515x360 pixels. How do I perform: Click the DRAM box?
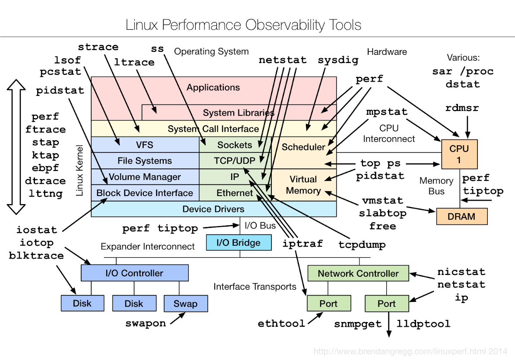pyautogui.click(x=461, y=217)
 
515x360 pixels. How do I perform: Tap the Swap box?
pyautogui.click(x=185, y=303)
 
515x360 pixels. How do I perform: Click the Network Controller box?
pyautogui.click(x=358, y=273)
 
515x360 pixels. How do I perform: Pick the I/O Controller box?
pyautogui.click(x=135, y=273)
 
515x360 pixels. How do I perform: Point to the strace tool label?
pyautogui.click(x=98, y=47)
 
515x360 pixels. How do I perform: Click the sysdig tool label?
pyautogui.click(x=338, y=60)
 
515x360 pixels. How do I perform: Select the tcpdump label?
pyautogui.click(x=362, y=244)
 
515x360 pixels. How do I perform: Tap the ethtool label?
pyautogui.click(x=281, y=323)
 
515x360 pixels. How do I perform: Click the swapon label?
pyautogui.click(x=146, y=323)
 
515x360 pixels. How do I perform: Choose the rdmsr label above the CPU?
pyautogui.click(x=462, y=108)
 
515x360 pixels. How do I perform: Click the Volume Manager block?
pyautogui.click(x=145, y=177)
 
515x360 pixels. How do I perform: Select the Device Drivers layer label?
pyautogui.click(x=213, y=209)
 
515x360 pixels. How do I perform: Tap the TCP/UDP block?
pyautogui.click(x=235, y=161)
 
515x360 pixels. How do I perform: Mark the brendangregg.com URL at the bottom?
pyautogui.click(x=410, y=351)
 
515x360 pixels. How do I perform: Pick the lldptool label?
pyautogui.click(x=423, y=323)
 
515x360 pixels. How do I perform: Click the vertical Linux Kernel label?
pyautogui.click(x=79, y=171)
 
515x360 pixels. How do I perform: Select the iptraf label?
pyautogui.click(x=302, y=243)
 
